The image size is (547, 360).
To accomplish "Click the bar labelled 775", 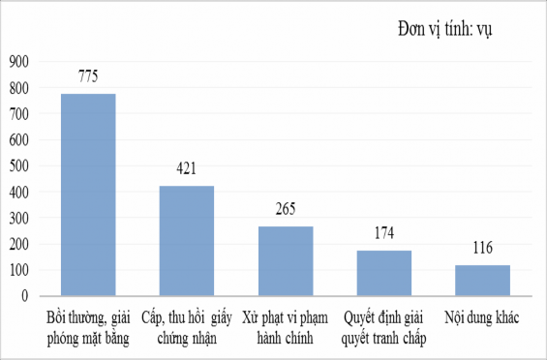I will tap(88, 194).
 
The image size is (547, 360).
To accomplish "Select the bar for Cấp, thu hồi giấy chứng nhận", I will tap(187, 240).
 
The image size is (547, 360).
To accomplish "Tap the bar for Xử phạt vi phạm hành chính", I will tap(285, 260).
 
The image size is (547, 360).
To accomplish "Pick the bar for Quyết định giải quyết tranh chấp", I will tap(383, 272).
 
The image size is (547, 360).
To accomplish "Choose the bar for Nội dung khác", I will tap(482, 280).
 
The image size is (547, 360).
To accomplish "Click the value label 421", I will tap(187, 169).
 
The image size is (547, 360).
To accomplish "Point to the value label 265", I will tap(285, 209).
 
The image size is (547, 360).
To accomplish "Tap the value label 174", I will tap(383, 233).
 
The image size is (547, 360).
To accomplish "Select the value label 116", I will tap(482, 249).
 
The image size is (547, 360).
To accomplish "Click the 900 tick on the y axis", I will tap(18, 62).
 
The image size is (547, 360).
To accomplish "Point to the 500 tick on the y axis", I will tap(18, 165).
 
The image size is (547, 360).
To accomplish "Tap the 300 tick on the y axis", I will tap(18, 218).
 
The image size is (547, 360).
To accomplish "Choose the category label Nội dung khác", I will tap(482, 318).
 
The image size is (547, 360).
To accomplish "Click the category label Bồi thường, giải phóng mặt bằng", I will tap(88, 328).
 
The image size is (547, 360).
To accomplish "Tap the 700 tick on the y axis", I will tap(18, 114).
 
